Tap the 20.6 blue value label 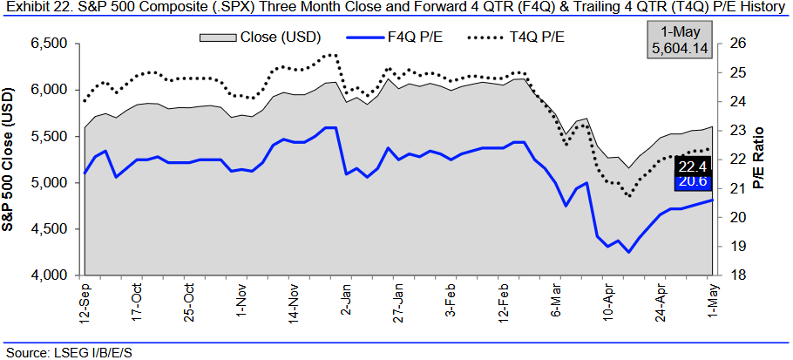tap(693, 181)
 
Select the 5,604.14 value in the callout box tap(679, 51)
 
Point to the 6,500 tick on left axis tap(53, 44)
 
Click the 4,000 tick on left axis tap(53, 275)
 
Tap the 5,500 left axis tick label tap(53, 137)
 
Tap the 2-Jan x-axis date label tap(346, 299)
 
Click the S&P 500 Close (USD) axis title tap(13, 160)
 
